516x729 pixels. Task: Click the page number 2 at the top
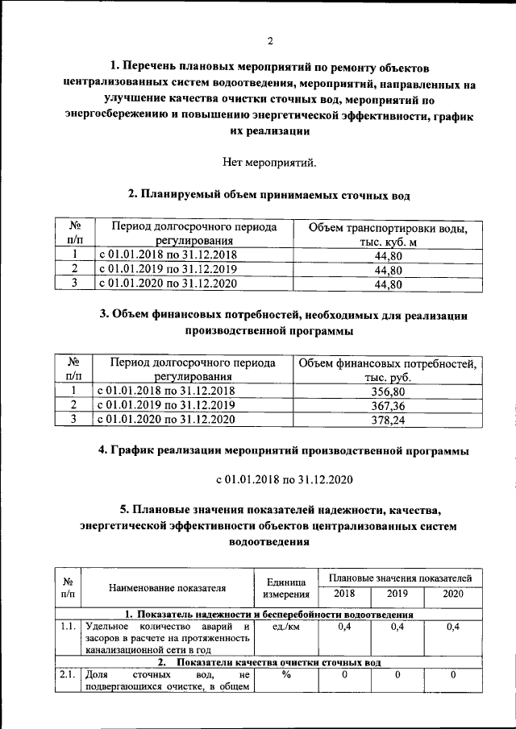(270, 41)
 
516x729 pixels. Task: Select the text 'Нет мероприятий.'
(269, 162)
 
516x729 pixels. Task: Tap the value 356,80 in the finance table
(388, 391)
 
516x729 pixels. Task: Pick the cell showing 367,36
(388, 404)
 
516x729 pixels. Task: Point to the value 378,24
(388, 419)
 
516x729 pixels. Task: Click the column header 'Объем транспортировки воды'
(388, 234)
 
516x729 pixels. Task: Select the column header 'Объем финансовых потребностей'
(388, 371)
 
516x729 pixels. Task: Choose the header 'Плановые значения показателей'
(399, 578)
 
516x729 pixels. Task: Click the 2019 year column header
(397, 594)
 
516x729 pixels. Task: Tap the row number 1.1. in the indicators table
(68, 627)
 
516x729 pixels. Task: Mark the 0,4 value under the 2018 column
(343, 627)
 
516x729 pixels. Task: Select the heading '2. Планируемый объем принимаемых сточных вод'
(269, 194)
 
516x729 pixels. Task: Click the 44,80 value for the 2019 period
(388, 270)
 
